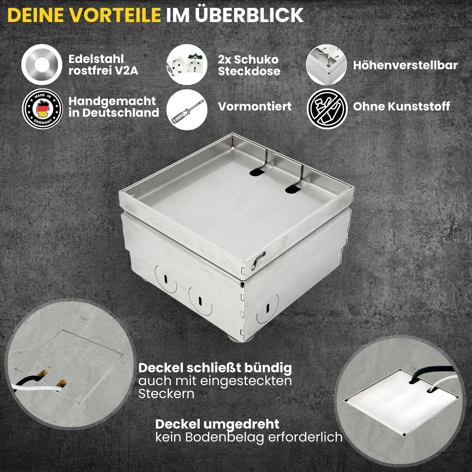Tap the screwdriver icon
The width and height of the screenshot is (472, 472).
pos(187,110)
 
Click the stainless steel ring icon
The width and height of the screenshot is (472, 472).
pos(42,65)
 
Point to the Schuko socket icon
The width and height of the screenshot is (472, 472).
pos(187,65)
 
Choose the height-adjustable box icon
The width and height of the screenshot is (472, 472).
pos(326,65)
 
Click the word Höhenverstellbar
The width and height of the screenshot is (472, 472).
pos(405,65)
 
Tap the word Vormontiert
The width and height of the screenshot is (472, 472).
pos(255,106)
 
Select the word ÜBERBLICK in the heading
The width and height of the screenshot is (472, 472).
pos(249,15)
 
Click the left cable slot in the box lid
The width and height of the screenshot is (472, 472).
pos(258,172)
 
